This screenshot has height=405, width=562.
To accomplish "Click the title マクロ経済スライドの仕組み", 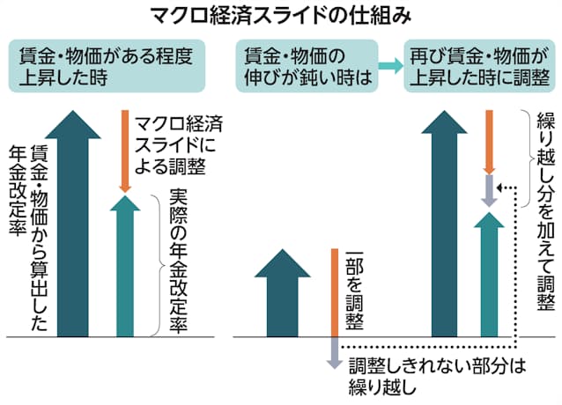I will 280,16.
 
